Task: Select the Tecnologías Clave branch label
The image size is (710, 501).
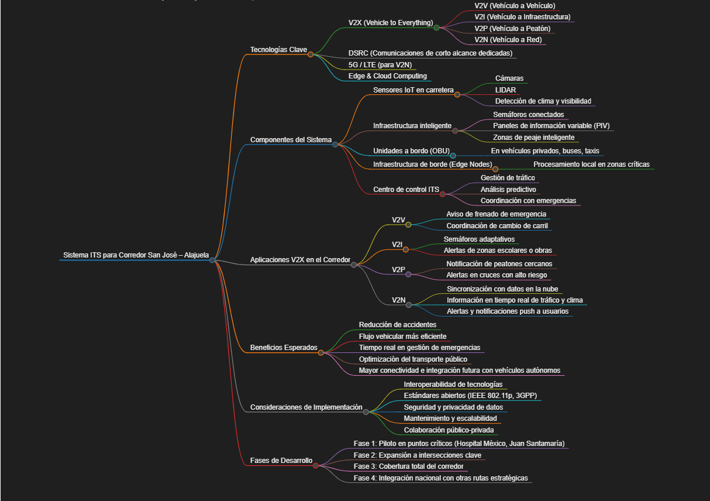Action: point(278,49)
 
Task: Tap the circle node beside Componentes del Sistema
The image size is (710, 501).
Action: point(335,144)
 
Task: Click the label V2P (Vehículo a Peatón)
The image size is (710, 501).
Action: point(512,28)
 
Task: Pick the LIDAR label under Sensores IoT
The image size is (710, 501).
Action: point(505,90)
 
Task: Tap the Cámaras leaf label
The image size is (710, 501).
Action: point(509,78)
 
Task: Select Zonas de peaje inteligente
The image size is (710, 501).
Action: point(533,138)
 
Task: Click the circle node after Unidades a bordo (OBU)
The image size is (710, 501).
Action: point(453,156)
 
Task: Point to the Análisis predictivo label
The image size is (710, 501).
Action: point(508,189)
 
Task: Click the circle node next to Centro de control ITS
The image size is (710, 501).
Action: point(443,194)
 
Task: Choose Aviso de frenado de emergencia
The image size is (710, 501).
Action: point(496,214)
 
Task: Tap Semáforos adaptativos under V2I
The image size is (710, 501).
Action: point(479,239)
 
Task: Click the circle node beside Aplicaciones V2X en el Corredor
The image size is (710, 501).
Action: point(354,265)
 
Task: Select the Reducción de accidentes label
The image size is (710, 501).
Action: point(397,324)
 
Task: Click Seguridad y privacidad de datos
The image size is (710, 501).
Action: point(453,407)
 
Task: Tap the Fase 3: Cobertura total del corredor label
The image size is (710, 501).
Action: point(409,466)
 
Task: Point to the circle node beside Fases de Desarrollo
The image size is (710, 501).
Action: point(316,465)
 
